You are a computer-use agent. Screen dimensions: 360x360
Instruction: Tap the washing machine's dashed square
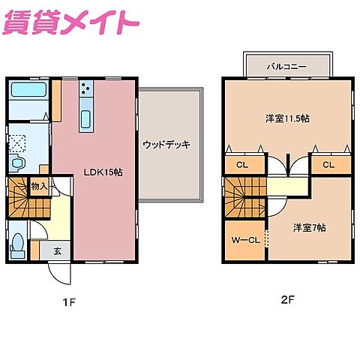tap(17, 141)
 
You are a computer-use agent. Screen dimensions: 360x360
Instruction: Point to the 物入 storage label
tap(38, 185)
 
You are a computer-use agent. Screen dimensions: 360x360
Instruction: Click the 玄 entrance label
tap(56, 251)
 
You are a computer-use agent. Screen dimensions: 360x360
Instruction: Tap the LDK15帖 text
tap(103, 172)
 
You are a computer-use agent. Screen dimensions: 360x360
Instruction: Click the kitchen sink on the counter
tap(85, 118)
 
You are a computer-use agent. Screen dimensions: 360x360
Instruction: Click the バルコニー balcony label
tap(286, 66)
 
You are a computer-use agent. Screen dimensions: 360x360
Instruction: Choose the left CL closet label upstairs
tap(241, 165)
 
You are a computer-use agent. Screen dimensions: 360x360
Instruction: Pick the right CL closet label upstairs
tap(328, 165)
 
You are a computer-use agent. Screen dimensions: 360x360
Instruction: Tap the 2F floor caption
tap(287, 301)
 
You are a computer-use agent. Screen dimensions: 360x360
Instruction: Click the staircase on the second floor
tap(243, 198)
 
